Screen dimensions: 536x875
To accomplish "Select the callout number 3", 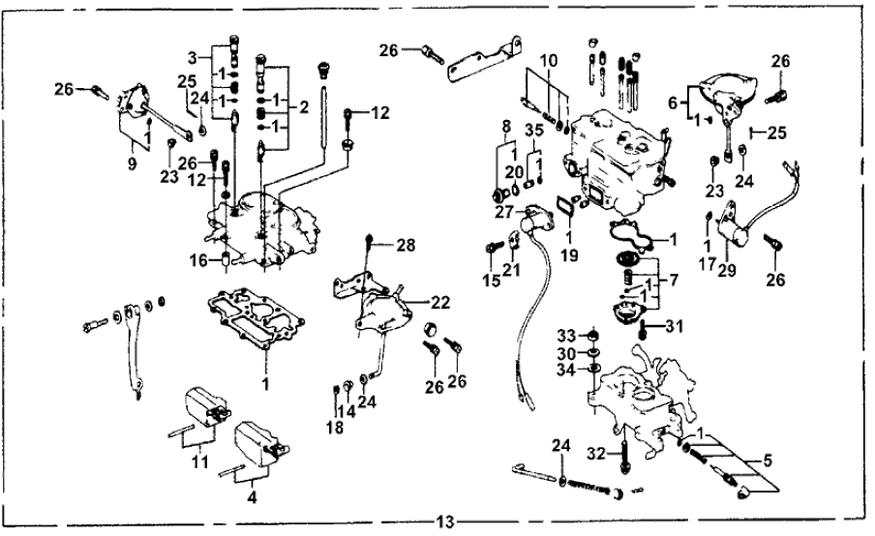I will coord(193,55).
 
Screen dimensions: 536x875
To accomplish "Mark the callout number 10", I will coord(549,61).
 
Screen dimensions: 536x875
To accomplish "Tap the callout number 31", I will coord(675,325).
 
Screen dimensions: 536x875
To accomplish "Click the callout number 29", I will coord(725,272).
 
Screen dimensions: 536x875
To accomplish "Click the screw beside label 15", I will coord(490,248).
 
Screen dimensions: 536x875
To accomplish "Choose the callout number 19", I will coord(570,255).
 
